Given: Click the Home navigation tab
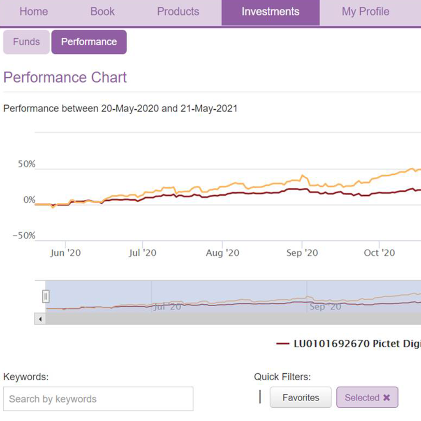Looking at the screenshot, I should [x=34, y=12].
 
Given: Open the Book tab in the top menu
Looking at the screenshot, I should [x=102, y=12].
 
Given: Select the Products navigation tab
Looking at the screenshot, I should [x=178, y=12].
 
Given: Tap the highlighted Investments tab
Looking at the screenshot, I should [x=270, y=12].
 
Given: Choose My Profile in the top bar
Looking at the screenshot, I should [x=365, y=12].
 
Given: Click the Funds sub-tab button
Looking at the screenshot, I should [x=26, y=42].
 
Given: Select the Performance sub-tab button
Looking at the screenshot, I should [x=89, y=42].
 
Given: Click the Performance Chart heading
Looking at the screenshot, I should [x=65, y=77].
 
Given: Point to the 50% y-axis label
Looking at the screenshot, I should [x=27, y=164].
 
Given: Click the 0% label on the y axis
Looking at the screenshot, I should [x=29, y=200].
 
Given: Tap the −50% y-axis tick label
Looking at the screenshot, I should [x=24, y=236].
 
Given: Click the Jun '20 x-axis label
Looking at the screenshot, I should [x=65, y=253].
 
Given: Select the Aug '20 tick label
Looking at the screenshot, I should [x=222, y=253].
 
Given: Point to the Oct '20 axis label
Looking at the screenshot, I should [x=379, y=253].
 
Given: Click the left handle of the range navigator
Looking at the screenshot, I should [x=46, y=296].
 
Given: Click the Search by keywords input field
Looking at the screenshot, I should [x=98, y=399].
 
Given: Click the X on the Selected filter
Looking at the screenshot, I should [x=386, y=398].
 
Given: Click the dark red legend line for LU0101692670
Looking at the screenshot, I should [x=283, y=344].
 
